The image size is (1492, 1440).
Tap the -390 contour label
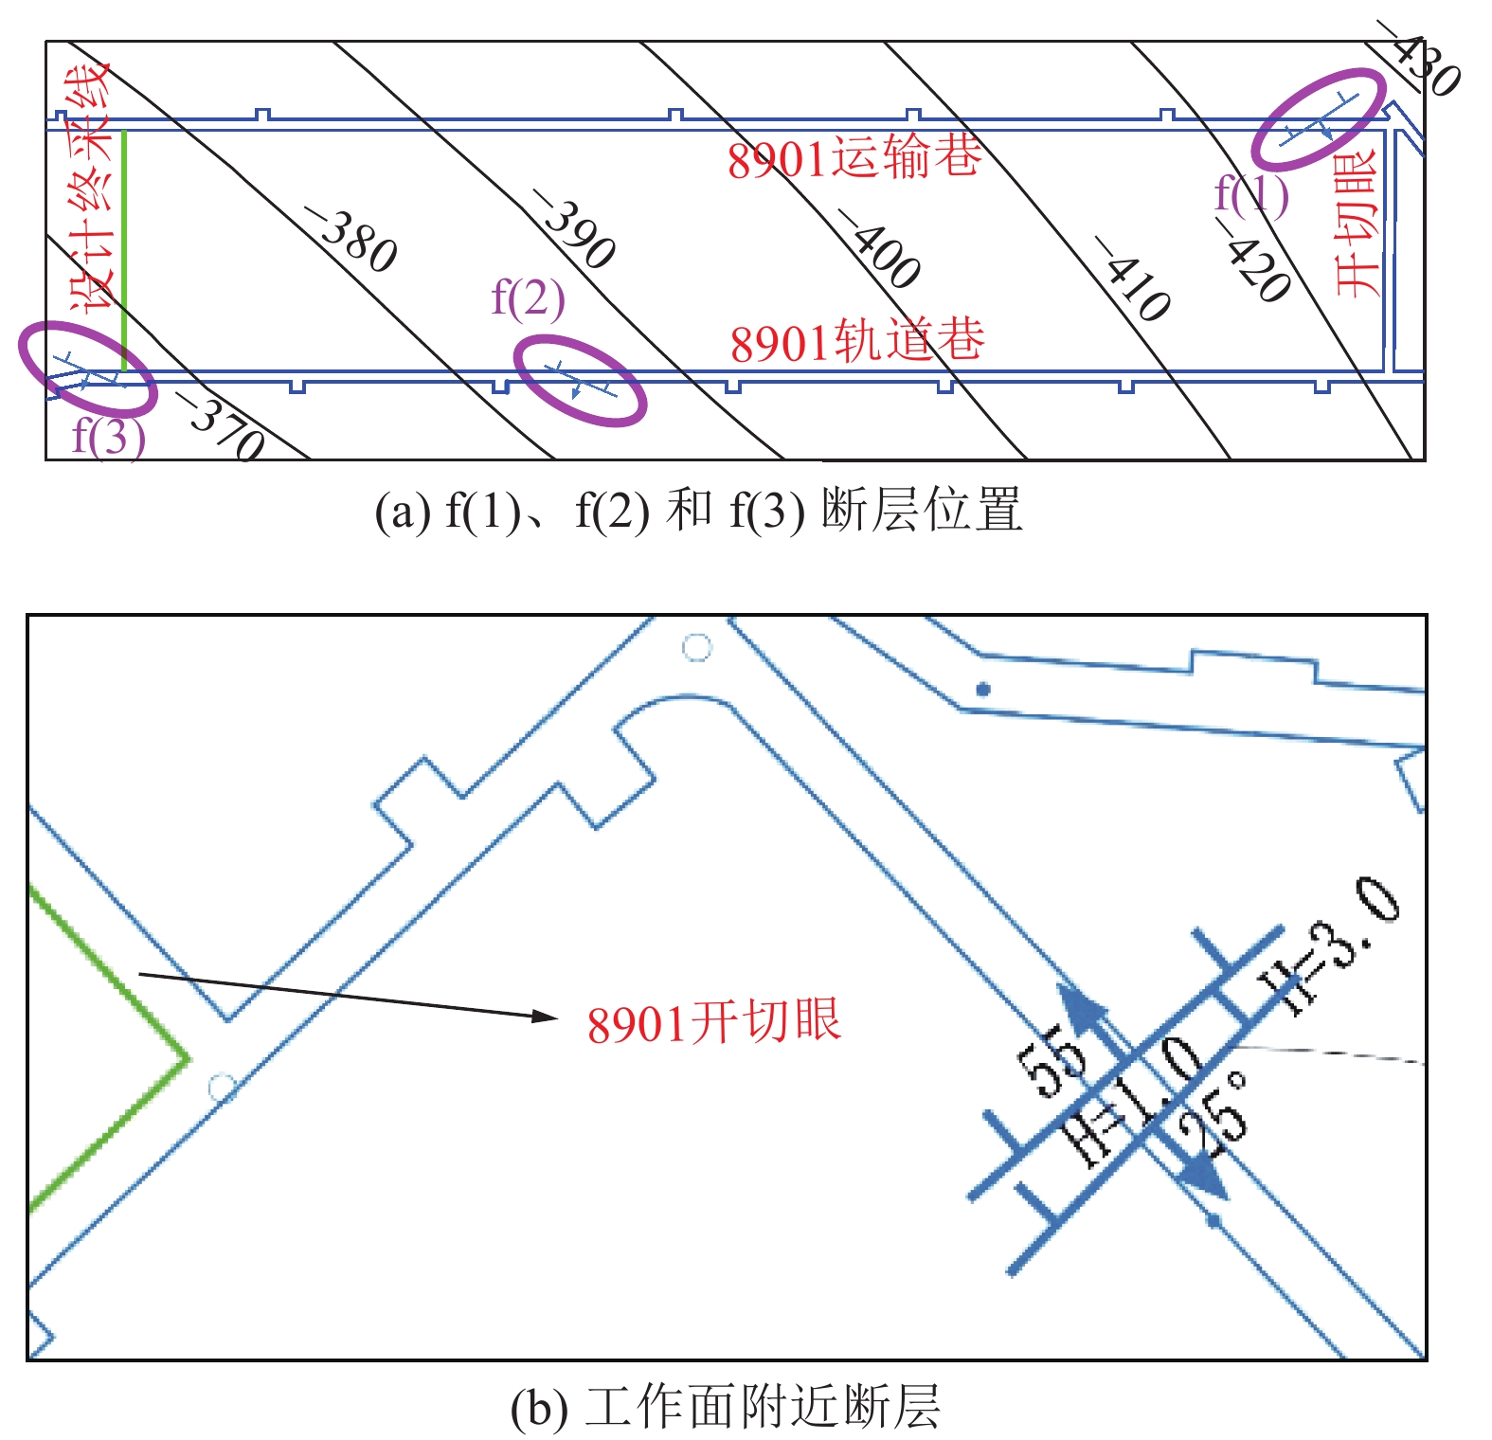tap(573, 228)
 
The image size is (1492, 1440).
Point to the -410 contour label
tap(1132, 278)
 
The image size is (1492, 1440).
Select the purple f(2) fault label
tap(528, 297)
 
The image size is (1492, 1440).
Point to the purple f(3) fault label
tap(109, 436)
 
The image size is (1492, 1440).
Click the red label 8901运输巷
tap(854, 156)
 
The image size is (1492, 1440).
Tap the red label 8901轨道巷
tap(857, 340)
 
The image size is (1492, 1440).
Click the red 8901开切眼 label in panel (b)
tap(713, 1022)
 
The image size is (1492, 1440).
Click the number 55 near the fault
tap(1050, 1061)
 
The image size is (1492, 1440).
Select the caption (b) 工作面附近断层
tap(726, 1406)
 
